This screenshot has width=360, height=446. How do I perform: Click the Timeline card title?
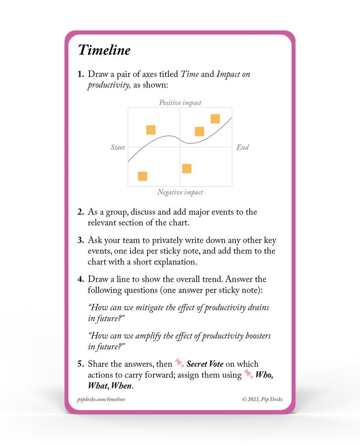coord(104,50)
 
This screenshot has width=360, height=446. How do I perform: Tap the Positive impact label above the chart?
coord(180,103)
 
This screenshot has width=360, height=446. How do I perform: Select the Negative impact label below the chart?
coord(180,192)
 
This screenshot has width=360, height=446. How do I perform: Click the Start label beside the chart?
coord(118,147)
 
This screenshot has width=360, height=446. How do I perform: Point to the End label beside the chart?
coord(243,147)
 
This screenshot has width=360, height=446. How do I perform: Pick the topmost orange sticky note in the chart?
coord(215,119)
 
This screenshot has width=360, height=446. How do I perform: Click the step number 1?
coord(81,75)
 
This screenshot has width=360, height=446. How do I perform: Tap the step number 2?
coord(81,212)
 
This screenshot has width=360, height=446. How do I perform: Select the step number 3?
coord(81,240)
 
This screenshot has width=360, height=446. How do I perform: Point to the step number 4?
coord(81,280)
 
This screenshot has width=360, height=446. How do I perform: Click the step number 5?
coord(81,364)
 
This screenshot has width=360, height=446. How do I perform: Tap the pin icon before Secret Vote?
coord(180,363)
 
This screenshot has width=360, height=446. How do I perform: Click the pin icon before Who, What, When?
coord(249,374)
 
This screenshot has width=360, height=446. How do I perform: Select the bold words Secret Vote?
coord(205,364)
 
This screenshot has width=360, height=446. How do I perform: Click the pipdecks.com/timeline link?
coord(102,399)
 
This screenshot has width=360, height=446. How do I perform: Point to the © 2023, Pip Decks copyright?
coord(262,399)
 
